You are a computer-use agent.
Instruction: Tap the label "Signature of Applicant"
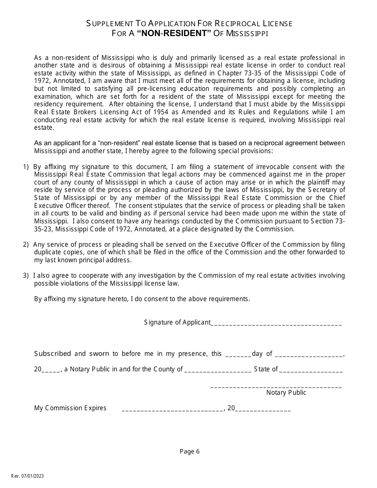coord(177,323)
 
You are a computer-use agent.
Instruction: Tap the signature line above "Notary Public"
coord(276,386)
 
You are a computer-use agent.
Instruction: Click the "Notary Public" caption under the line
coord(286,393)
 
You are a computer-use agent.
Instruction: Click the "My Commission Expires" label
coord(70,408)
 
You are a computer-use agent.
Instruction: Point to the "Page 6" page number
coord(190,451)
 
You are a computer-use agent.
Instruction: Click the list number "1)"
coord(26,167)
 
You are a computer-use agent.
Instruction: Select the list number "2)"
coord(26,245)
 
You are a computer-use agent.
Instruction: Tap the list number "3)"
coord(26,276)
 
